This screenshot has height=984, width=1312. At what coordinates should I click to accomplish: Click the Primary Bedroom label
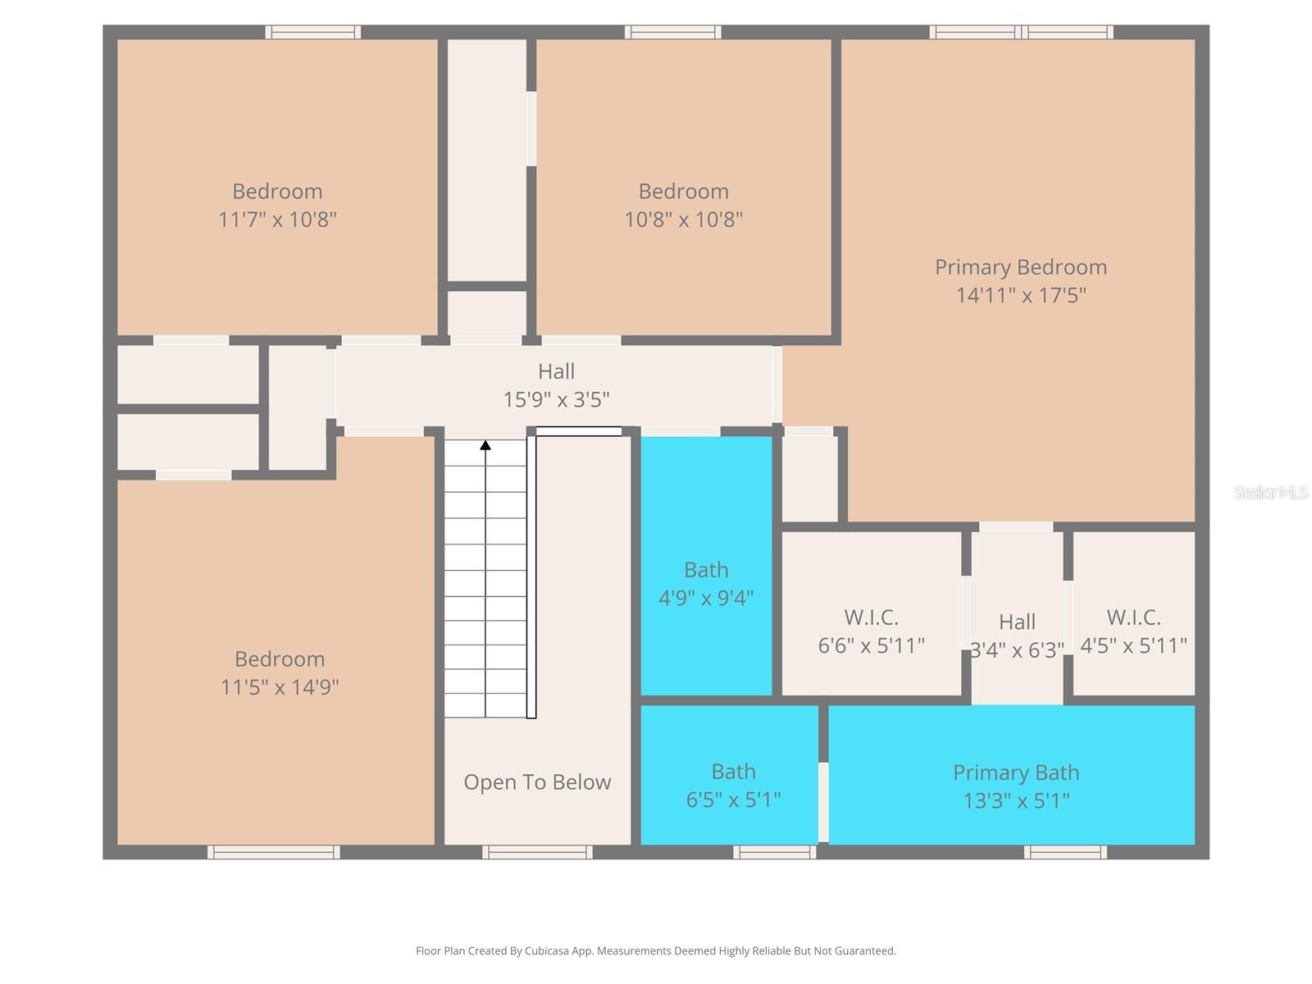tap(1020, 267)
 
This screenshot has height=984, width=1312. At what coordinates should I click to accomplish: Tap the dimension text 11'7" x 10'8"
tap(277, 220)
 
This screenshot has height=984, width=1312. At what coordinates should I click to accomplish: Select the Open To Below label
tap(537, 782)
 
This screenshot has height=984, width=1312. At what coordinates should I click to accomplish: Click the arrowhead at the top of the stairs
tap(485, 445)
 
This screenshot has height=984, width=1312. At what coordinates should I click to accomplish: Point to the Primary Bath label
tap(1015, 772)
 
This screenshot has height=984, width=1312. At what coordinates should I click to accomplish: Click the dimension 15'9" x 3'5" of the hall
tap(556, 400)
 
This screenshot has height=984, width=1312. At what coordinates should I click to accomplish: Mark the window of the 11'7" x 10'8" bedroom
tap(312, 33)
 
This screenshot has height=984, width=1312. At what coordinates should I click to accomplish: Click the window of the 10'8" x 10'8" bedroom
tap(672, 33)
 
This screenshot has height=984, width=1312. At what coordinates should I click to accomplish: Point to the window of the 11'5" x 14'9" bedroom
tap(273, 853)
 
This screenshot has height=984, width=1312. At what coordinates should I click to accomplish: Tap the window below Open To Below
tap(537, 853)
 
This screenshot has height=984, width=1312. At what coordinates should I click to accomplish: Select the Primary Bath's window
tap(1064, 853)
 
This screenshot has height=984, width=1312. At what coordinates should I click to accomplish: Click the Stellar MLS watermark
tap(1270, 493)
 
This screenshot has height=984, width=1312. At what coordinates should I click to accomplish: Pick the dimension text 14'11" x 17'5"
tap(1020, 295)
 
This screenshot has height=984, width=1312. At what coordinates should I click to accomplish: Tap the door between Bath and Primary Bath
tap(823, 801)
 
